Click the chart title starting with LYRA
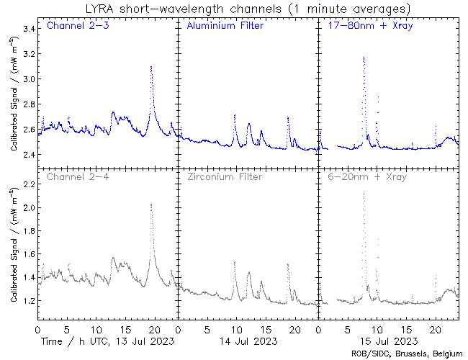point(234,9)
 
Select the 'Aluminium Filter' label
point(225,27)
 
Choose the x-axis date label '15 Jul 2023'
point(386,340)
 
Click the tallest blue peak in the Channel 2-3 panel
point(151,67)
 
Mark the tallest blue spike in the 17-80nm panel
point(364,57)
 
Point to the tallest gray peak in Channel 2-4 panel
point(151,204)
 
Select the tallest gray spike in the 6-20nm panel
point(364,193)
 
